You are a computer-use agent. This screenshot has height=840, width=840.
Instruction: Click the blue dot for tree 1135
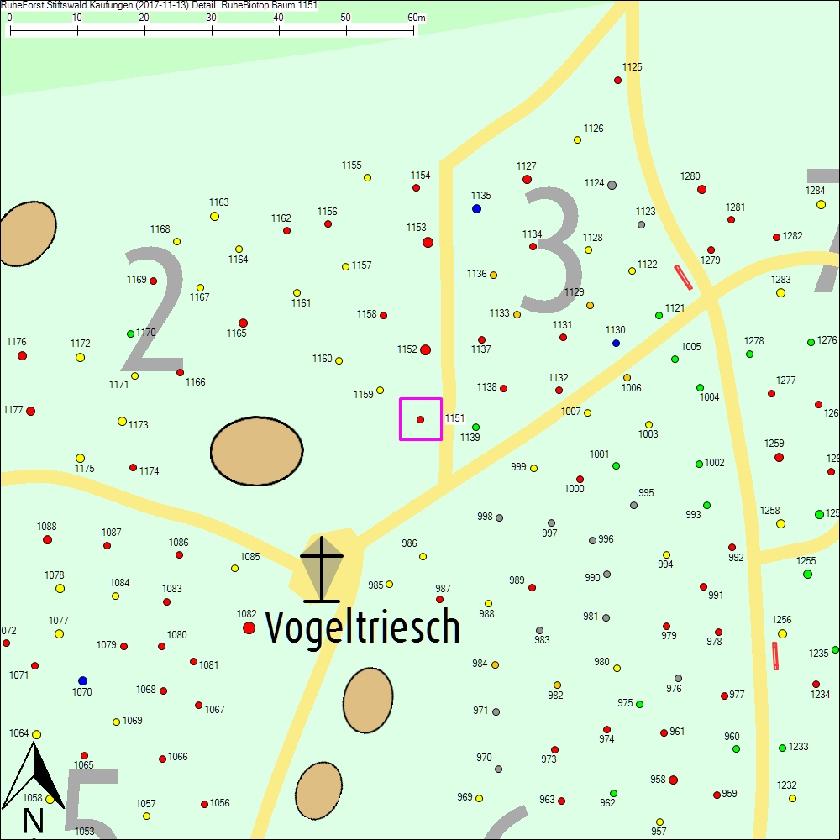coord(476,208)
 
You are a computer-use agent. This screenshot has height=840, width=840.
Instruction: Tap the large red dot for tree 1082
coord(249,627)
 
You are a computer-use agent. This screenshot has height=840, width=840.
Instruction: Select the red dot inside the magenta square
coord(420,419)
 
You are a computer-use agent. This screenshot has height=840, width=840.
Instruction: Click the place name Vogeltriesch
coord(363,627)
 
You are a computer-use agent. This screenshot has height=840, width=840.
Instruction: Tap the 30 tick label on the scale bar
coord(211,17)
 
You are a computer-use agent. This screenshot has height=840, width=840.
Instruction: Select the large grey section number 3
coord(552,248)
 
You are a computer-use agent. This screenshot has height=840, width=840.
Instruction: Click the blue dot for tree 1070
coord(82,680)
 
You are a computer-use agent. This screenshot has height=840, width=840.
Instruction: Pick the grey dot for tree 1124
coord(612,185)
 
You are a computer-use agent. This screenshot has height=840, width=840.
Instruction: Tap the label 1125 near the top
coord(632,66)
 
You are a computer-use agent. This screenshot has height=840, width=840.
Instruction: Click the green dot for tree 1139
coord(475,427)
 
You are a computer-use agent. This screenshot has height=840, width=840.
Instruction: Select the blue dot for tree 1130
coord(616,343)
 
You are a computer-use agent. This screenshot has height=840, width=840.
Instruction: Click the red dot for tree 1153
coord(428,242)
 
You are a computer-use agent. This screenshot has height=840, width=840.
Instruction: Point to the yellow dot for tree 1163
coord(214,216)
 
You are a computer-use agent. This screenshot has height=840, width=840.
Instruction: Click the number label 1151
coord(454,417)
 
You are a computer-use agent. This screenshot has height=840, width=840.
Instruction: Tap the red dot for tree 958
coord(673,780)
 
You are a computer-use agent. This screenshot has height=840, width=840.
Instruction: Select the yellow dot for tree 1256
coord(782,633)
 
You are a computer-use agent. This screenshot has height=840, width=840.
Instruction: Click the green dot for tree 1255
coord(807,574)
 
